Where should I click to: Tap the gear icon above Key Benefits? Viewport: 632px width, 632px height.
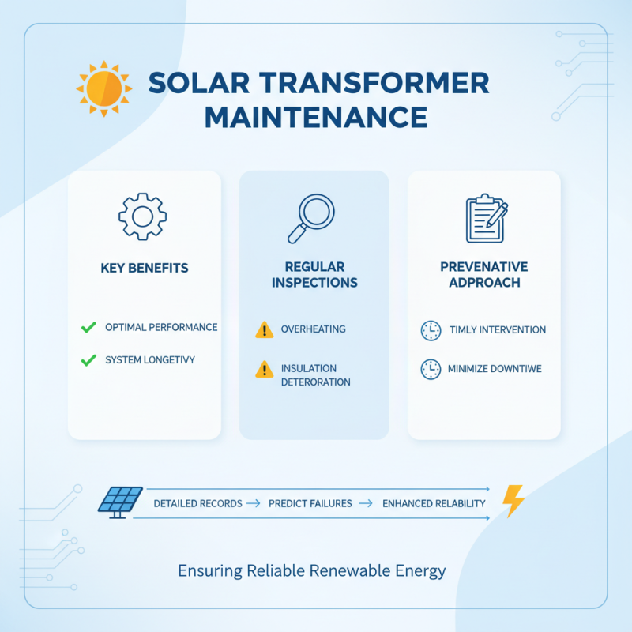(144, 215)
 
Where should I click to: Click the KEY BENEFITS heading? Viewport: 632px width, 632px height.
(145, 268)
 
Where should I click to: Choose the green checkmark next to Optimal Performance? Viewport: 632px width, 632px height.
(88, 327)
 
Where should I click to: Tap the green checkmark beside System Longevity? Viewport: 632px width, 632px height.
(88, 360)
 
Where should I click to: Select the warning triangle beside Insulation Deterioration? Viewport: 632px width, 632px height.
(264, 370)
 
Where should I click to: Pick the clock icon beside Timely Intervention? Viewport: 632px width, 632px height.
(431, 330)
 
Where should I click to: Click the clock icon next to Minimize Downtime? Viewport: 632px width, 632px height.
(431, 368)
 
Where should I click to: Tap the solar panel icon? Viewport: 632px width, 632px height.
(120, 502)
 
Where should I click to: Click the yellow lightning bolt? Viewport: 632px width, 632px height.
(513, 500)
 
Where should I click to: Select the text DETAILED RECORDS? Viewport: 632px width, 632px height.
(197, 503)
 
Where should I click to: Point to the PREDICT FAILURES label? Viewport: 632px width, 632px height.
(310, 503)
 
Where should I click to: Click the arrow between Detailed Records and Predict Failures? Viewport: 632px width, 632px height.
(254, 503)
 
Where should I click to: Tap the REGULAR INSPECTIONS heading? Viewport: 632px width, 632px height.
(314, 275)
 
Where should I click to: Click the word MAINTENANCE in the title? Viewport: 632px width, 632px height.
(315, 118)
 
